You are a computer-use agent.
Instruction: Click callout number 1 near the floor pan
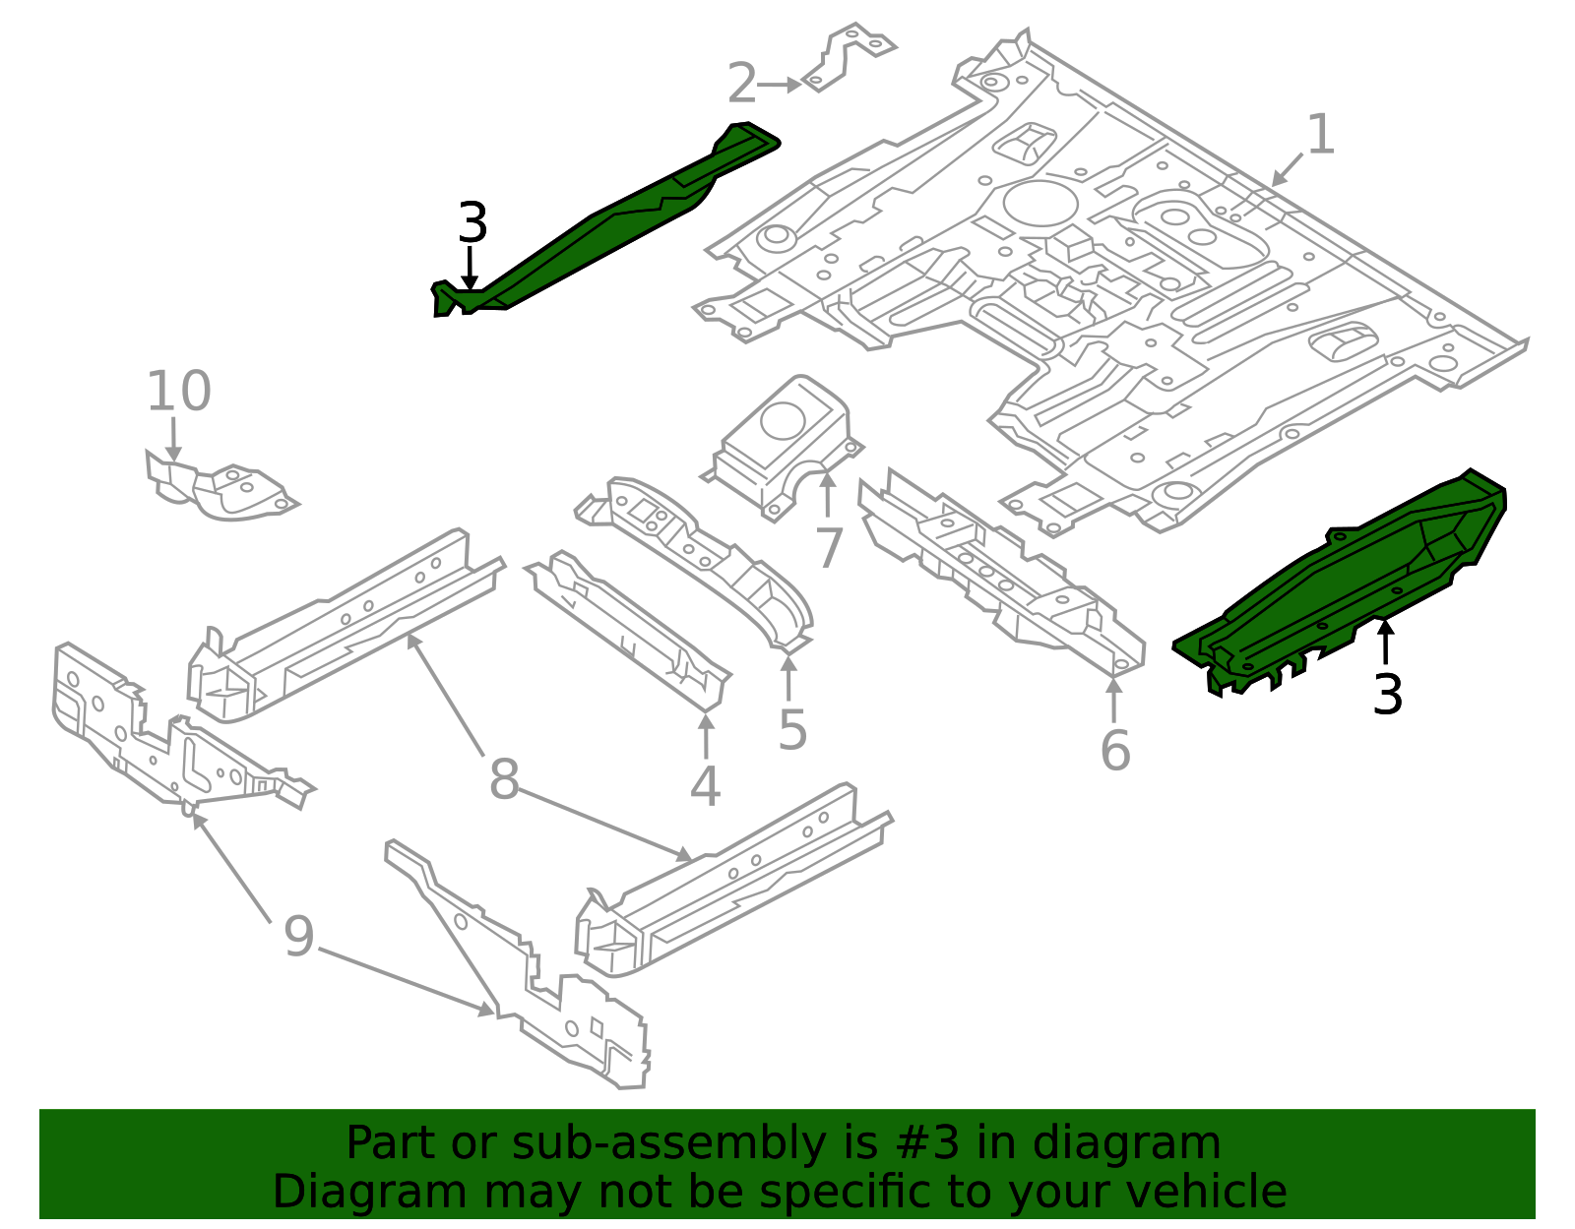[1319, 135]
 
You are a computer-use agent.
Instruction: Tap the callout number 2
[742, 85]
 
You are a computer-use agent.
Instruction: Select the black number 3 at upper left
[472, 224]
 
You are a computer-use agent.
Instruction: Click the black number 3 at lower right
[1387, 696]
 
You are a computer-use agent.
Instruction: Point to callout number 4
[705, 787]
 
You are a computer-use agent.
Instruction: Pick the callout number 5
[792, 730]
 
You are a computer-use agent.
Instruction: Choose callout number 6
[1114, 752]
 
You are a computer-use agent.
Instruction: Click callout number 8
[503, 781]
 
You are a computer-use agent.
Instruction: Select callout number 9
[298, 937]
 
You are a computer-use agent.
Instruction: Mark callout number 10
[178, 392]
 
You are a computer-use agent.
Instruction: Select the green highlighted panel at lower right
[1358, 581]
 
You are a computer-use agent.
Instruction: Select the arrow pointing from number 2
[780, 86]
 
